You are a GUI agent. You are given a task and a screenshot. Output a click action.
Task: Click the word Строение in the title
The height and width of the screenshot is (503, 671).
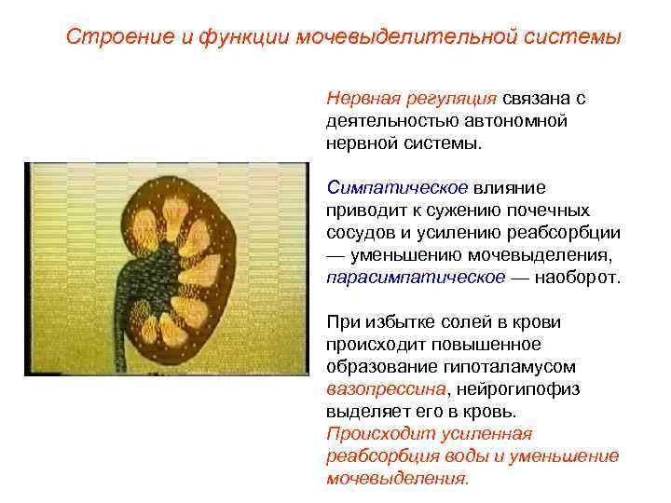point(105,37)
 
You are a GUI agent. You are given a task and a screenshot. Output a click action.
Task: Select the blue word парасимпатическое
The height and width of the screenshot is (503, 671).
point(416,277)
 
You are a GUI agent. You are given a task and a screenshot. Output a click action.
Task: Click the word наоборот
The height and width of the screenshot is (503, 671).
point(577,277)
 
